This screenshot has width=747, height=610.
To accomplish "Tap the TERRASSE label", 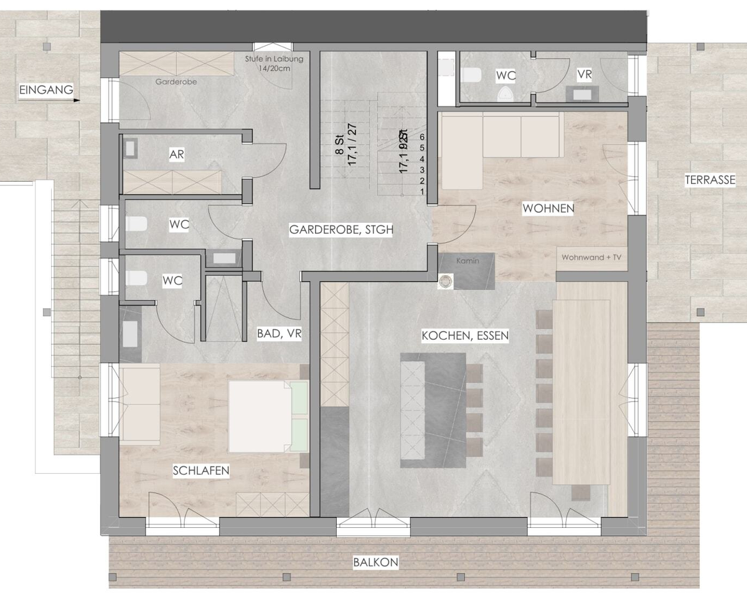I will (710, 181).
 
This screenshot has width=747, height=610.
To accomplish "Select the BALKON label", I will (375, 563).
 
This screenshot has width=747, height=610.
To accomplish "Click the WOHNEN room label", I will (548, 209).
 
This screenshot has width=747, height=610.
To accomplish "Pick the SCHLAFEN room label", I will (200, 471).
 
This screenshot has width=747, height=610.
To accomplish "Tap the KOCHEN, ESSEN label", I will (465, 335).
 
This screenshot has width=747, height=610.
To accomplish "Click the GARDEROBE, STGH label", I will (341, 230).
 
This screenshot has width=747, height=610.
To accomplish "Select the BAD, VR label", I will (280, 334).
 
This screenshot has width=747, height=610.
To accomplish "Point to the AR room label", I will (177, 154).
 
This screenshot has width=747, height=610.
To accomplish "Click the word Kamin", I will (467, 261).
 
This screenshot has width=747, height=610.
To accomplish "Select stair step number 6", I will (423, 136).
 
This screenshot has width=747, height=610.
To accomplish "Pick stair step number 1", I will (423, 191).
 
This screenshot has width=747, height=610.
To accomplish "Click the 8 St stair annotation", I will (339, 142).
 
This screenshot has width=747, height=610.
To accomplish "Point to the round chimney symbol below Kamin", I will (446, 281).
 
